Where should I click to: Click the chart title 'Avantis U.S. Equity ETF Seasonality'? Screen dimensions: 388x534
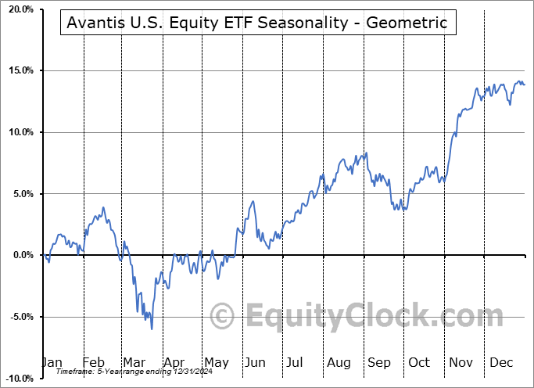tap(257, 23)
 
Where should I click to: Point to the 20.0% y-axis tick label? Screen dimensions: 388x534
tap(18, 9)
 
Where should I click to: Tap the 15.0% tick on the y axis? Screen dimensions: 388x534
tap(18, 70)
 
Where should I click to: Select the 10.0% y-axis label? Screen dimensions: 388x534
tap(18, 132)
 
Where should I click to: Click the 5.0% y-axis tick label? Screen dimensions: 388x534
tap(20, 194)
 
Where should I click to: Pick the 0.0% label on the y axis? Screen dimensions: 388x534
tap(20, 255)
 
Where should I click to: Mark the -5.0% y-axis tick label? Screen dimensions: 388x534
tap(19, 317)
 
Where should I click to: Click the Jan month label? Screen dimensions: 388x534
tap(52, 363)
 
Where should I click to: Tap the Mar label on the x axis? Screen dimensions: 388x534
tap(134, 363)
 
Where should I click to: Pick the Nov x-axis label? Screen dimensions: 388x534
tap(460, 363)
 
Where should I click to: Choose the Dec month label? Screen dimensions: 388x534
tap(500, 363)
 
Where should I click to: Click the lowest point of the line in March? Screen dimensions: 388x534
tap(152, 329)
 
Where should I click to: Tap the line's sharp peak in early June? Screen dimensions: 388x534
tap(253, 202)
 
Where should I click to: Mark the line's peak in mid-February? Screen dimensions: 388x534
tap(102, 208)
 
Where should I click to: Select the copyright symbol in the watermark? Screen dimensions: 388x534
tap(224, 317)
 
